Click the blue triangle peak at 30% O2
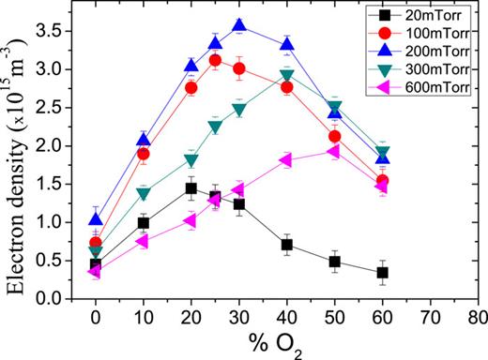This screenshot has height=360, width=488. pyautogui.click(x=239, y=26)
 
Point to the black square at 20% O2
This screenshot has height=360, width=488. pyautogui.click(x=191, y=188)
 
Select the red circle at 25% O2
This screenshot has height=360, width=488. pyautogui.click(x=215, y=61)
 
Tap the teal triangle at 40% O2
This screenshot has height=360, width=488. pyautogui.click(x=287, y=75)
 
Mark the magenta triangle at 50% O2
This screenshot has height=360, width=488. pyautogui.click(x=335, y=152)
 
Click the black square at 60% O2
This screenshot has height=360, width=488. pyautogui.click(x=383, y=273)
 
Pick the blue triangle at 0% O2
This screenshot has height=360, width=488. pyautogui.click(x=96, y=219)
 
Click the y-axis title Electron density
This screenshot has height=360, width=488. pyautogui.click(x=16, y=164)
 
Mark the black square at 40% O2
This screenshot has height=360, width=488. pyautogui.click(x=287, y=245)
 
